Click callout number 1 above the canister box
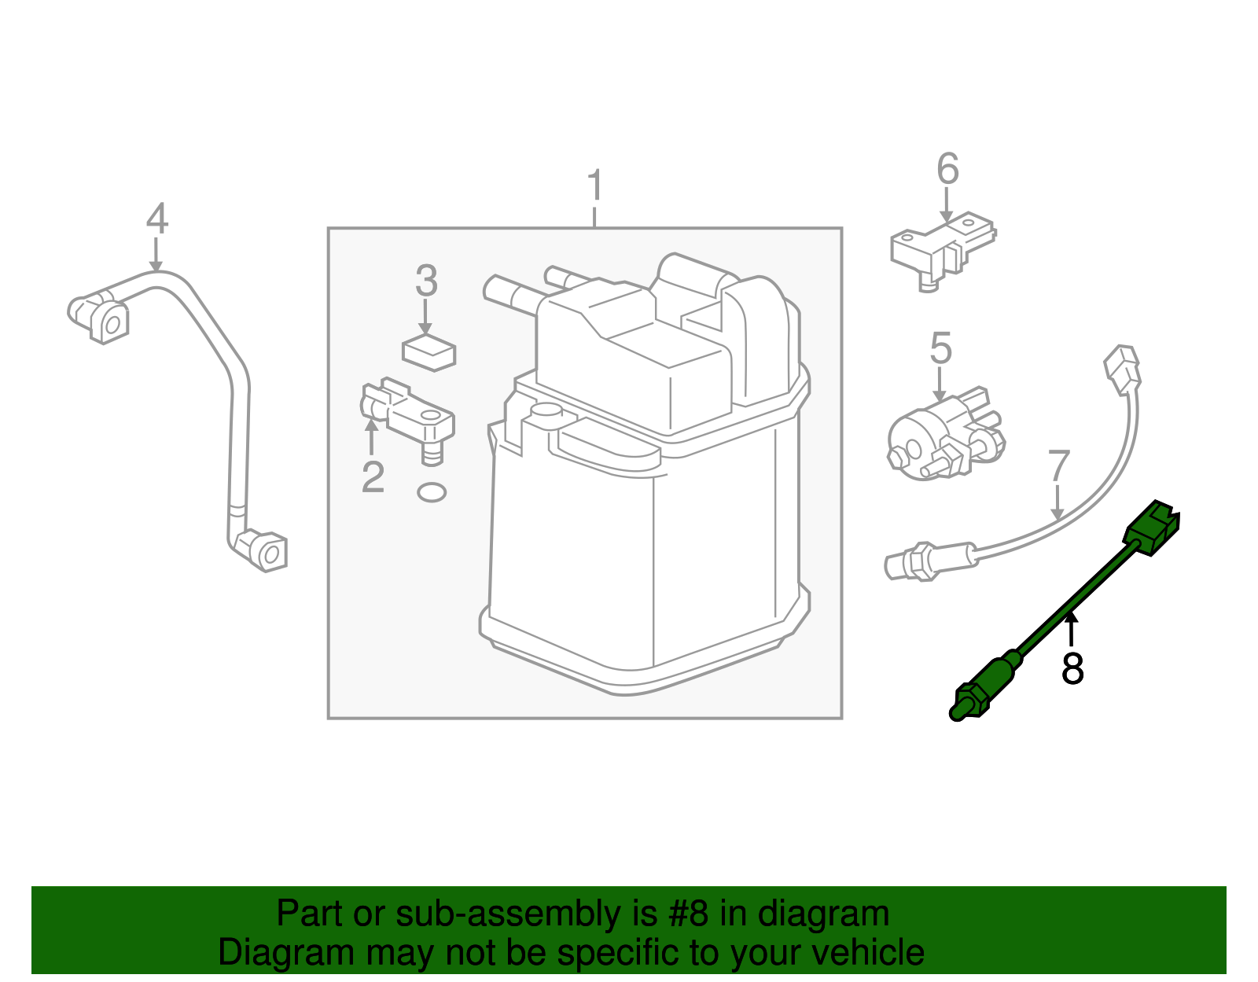click(595, 186)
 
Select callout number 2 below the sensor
click(373, 476)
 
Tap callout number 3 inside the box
click(426, 281)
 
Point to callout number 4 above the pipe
click(157, 219)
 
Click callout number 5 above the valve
click(940, 348)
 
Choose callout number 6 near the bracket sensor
click(947, 169)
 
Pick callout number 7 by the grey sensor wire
click(1059, 466)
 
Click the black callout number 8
click(1072, 668)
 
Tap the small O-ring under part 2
click(431, 493)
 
